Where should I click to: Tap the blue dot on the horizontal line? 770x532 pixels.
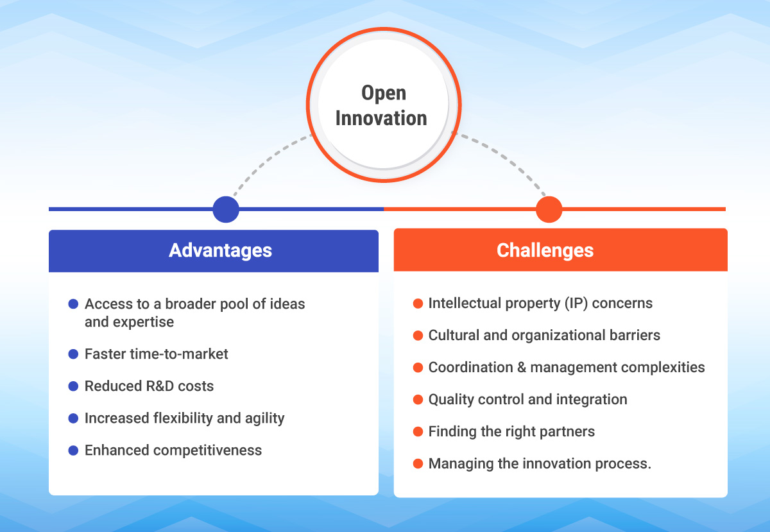pyautogui.click(x=225, y=209)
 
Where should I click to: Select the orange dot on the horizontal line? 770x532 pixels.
pyautogui.click(x=549, y=209)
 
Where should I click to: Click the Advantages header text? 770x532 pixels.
pyautogui.click(x=220, y=250)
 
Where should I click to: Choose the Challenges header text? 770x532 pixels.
pyautogui.click(x=545, y=250)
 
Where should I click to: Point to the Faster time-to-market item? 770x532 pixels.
pyautogui.click(x=156, y=354)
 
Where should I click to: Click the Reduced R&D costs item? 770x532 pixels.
pyautogui.click(x=149, y=386)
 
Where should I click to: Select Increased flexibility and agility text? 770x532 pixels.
pyautogui.click(x=184, y=418)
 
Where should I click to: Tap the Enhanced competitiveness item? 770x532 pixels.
pyautogui.click(x=173, y=450)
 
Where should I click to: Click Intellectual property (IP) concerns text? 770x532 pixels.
pyautogui.click(x=540, y=303)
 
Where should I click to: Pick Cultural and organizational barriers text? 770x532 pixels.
pyautogui.click(x=544, y=335)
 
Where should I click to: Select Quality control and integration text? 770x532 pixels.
pyautogui.click(x=527, y=399)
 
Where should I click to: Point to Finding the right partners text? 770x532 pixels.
pyautogui.click(x=511, y=431)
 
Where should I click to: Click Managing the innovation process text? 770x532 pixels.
pyautogui.click(x=540, y=463)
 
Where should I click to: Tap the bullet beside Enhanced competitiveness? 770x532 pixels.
pyautogui.click(x=73, y=450)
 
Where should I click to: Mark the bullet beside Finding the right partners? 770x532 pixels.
pyautogui.click(x=418, y=431)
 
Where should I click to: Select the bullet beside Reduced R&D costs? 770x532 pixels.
pyautogui.click(x=73, y=386)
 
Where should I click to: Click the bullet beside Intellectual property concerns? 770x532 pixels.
pyautogui.click(x=418, y=303)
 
